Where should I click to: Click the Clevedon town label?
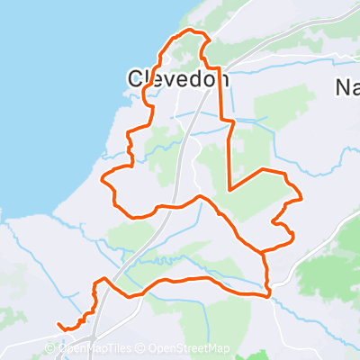click(x=175, y=79)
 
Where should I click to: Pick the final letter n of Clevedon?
click(x=221, y=79)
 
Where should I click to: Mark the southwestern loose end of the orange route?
click(x=58, y=324)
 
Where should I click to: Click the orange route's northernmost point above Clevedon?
click(x=192, y=31)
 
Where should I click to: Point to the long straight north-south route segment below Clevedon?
click(x=230, y=153)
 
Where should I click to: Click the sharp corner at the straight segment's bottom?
click(x=230, y=189)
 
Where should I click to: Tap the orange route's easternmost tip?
click(x=300, y=195)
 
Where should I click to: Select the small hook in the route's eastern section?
click(x=290, y=237)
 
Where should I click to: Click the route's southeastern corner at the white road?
click(x=268, y=292)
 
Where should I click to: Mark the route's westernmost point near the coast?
click(x=103, y=178)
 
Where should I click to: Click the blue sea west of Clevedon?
click(x=54, y=108)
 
